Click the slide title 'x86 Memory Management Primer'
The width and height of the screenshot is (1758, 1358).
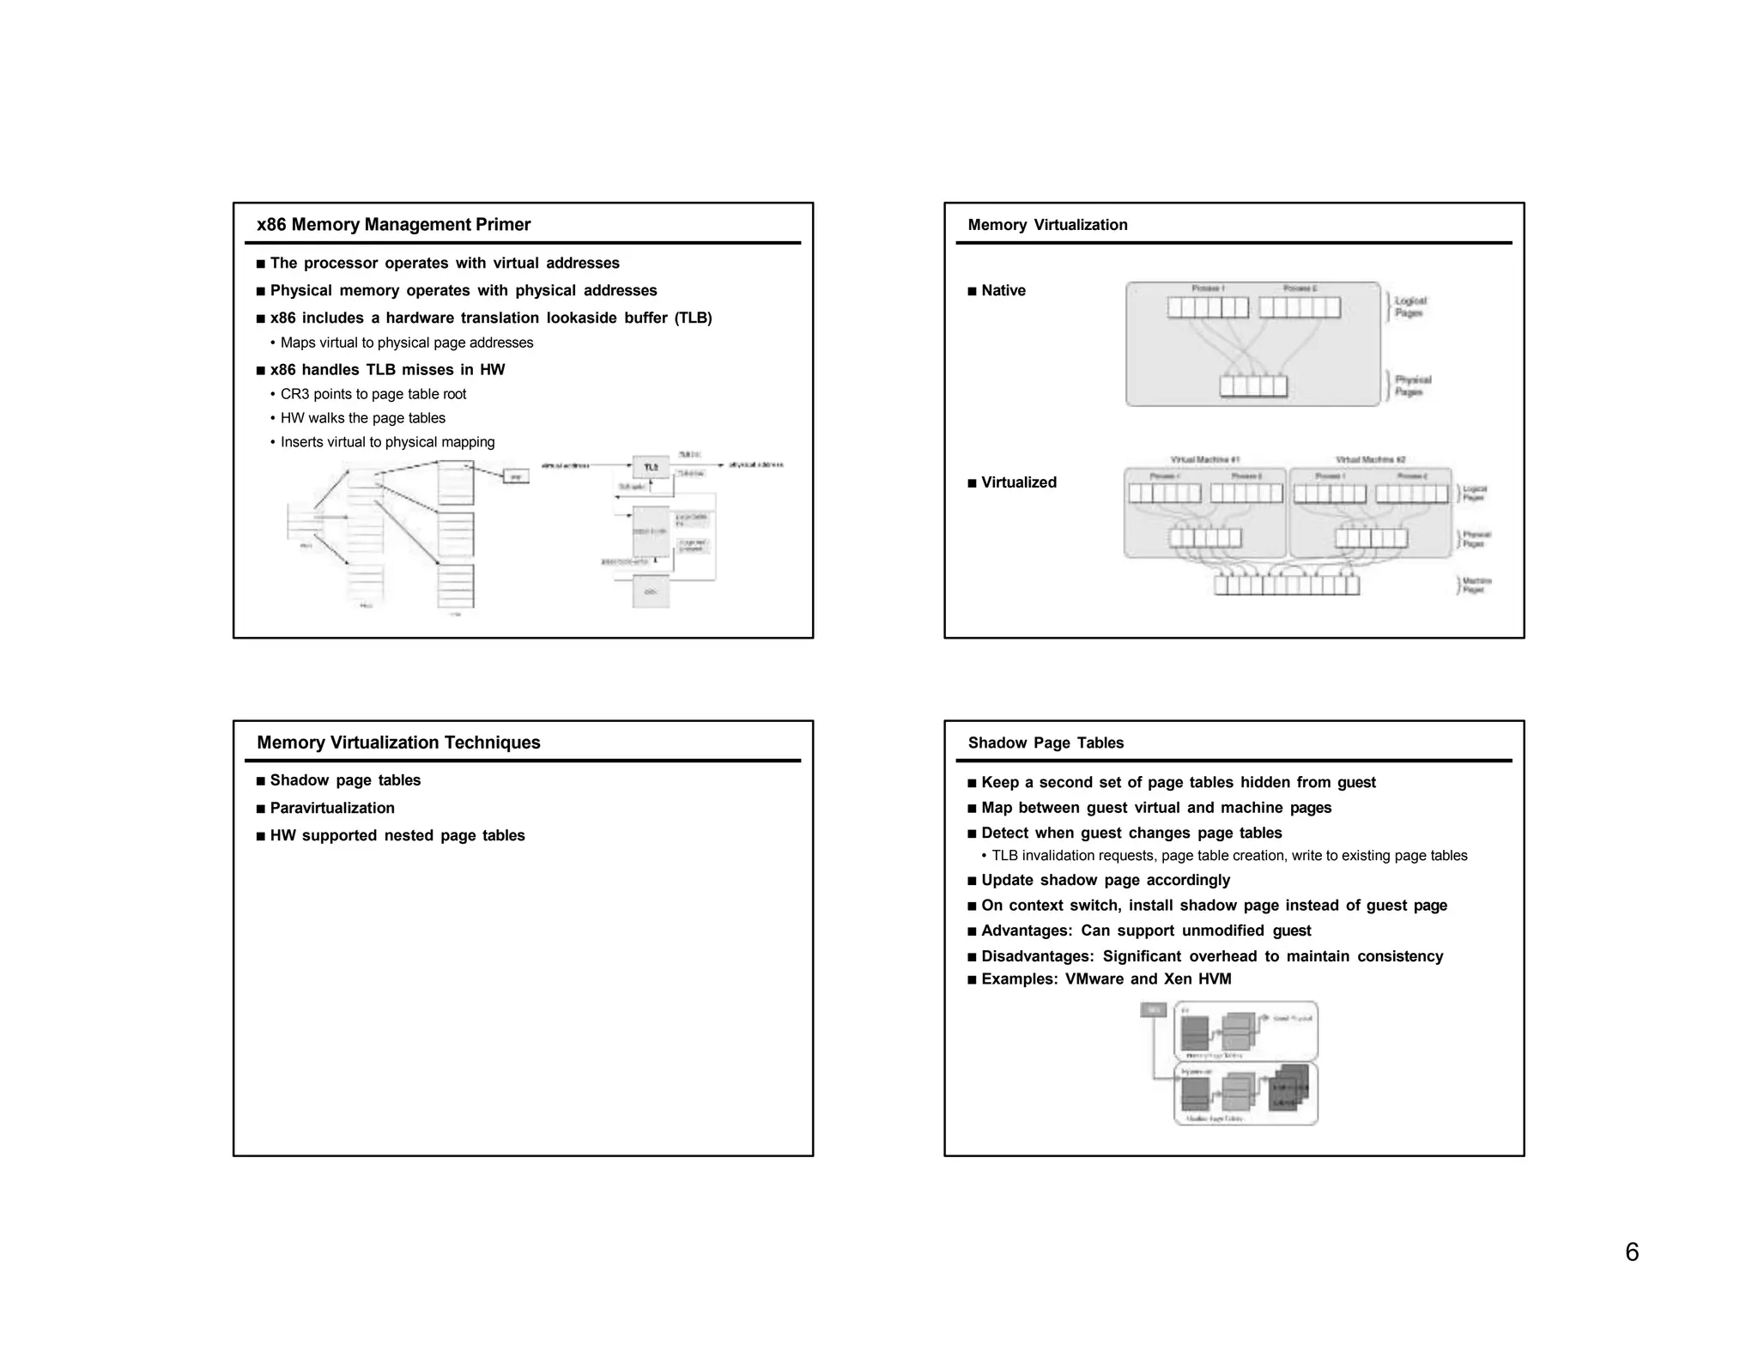tap(393, 225)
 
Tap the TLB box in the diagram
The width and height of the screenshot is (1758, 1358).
tap(651, 467)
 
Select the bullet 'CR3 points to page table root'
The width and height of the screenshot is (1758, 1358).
tap(373, 394)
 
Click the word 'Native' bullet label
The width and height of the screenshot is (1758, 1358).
tap(1003, 290)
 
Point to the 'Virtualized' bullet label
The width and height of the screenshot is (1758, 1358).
tap(1018, 482)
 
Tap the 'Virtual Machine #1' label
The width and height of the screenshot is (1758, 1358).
tap(1204, 460)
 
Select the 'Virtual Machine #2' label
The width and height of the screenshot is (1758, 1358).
tap(1370, 460)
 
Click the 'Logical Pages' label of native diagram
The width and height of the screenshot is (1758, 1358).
tap(1409, 306)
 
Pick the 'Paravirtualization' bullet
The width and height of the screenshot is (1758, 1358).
tap(331, 808)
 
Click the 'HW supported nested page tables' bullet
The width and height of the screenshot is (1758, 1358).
tap(397, 835)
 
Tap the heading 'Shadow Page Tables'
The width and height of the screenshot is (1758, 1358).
tap(1045, 743)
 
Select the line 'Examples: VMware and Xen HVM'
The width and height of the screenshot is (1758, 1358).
tap(1106, 979)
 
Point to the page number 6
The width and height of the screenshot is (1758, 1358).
tap(1632, 1252)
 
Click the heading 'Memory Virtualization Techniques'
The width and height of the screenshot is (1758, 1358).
tap(398, 743)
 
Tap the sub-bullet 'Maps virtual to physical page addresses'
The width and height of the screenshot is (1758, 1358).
tap(406, 343)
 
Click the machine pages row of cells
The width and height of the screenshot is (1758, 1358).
tap(1287, 585)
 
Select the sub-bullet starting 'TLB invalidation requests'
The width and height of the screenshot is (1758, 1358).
tap(1228, 856)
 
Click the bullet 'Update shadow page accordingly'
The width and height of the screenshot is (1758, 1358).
tap(1105, 880)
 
